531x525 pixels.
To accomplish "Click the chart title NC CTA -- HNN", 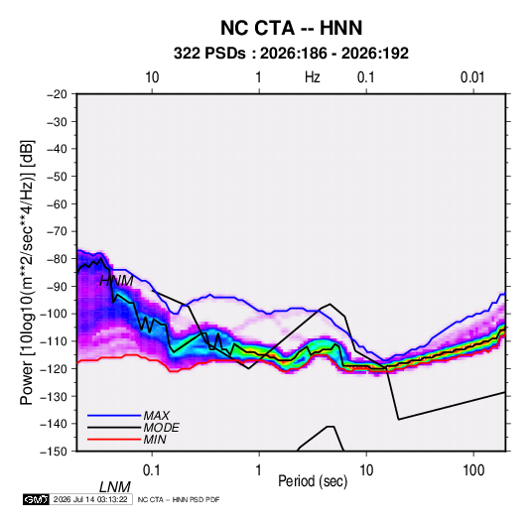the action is tap(291, 28).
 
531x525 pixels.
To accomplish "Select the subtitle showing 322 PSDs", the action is tap(291, 54).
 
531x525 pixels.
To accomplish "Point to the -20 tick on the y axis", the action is tap(57, 94).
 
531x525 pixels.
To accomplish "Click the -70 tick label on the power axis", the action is tap(57, 231).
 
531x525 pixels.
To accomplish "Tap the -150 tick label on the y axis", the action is tap(54, 452).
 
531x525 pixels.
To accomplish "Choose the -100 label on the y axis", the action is tap(54, 314).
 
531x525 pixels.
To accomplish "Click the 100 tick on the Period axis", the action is tap(473, 470).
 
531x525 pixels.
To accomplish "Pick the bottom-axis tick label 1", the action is tap(259, 470).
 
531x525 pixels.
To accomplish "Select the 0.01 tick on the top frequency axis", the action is tap(472, 77).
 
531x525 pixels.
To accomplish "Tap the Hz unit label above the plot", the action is tap(313, 77).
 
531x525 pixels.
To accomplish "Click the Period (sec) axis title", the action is tap(313, 481).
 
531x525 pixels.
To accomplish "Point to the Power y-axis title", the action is tap(27, 272).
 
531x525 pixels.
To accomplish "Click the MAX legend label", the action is tap(157, 415).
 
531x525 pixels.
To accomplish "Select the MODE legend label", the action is tap(161, 428).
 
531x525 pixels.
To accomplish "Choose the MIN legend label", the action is tap(155, 440).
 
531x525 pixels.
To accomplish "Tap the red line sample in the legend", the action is tap(114, 440).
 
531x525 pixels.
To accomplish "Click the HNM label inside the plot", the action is tap(116, 281).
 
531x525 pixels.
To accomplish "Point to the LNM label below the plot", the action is tap(114, 487).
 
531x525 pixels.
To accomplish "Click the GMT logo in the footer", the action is tap(36, 499).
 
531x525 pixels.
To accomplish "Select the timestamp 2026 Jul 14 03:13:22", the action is tap(90, 499).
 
